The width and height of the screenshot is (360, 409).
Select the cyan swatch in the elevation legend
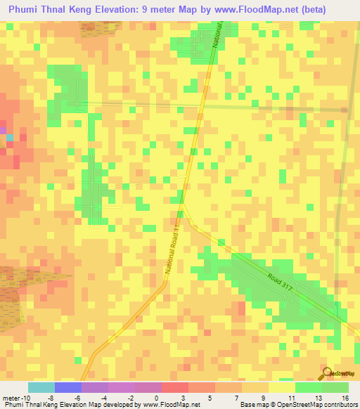tap(41, 387)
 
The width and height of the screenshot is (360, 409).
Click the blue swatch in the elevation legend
tap(67, 387)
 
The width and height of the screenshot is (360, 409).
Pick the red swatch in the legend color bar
tap(174, 387)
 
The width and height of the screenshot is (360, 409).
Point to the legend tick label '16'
tap(345, 397)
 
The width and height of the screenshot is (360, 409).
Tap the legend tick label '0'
tap(156, 397)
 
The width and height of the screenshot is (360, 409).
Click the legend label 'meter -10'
tap(15, 397)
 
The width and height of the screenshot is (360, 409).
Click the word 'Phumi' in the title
tap(26, 9)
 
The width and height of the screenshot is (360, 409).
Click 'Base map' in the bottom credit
tap(252, 405)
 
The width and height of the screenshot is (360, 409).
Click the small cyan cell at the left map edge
tap(10, 137)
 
